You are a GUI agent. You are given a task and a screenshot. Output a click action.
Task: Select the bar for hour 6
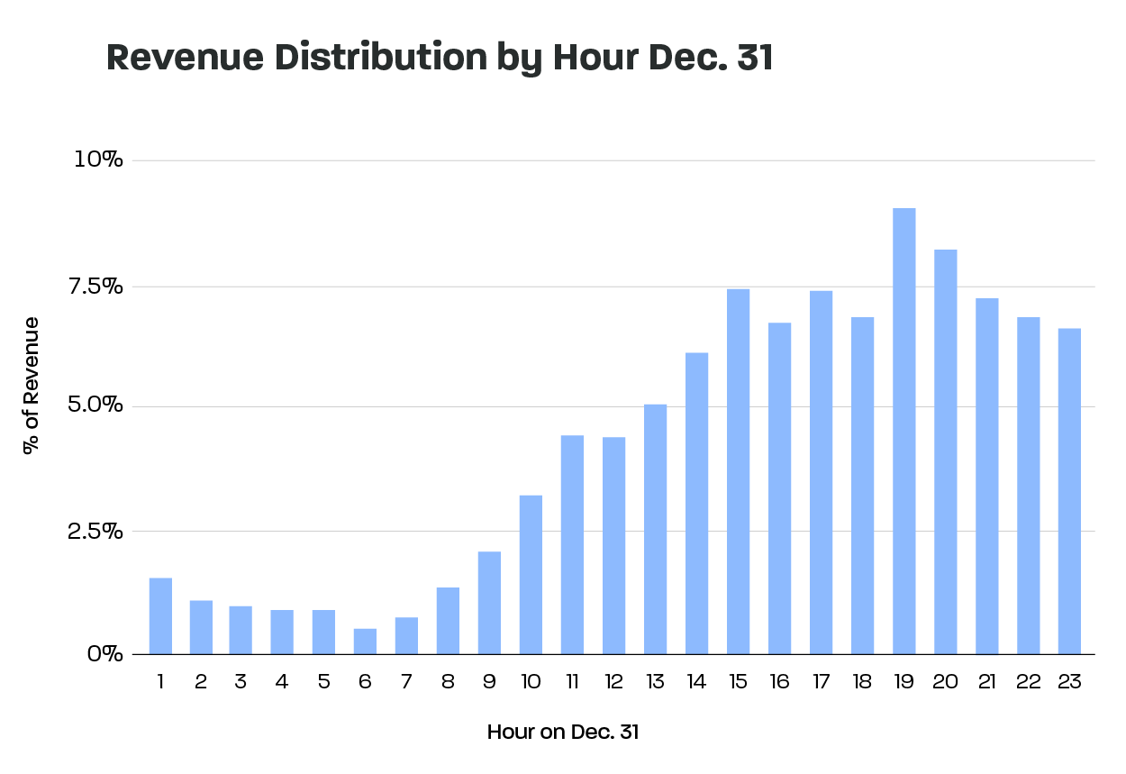coord(365,641)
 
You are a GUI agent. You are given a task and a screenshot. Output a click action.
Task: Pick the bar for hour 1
coord(160,615)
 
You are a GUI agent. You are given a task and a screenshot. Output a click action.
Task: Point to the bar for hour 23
coord(1069,491)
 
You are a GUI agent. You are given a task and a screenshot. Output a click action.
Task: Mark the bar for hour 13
coord(655,529)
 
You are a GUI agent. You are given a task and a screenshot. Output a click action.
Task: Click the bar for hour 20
coord(945,451)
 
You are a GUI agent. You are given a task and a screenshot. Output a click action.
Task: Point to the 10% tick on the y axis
coord(98,160)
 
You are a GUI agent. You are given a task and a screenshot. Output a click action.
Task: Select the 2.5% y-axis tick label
coord(95,531)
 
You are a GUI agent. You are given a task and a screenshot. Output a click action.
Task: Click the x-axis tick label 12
coord(613,682)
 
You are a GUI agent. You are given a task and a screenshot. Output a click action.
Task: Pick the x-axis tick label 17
coord(821,682)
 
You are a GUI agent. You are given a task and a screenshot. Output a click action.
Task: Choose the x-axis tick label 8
coord(448,682)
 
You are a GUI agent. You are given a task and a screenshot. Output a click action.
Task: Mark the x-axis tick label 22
coord(1028,682)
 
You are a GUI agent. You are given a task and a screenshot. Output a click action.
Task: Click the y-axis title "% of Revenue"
coord(32,385)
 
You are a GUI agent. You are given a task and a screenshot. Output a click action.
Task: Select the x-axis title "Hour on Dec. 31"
coord(562,732)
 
